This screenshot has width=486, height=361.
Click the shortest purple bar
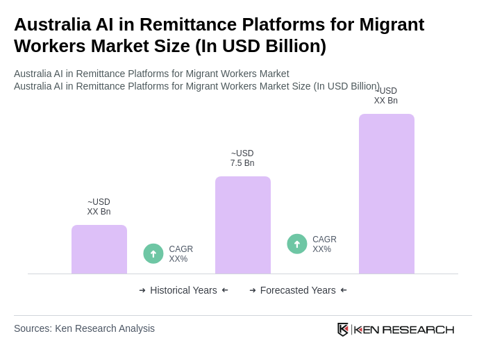[99, 249]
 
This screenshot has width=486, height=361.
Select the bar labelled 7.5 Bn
[243, 225]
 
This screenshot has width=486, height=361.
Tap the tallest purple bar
[387, 194]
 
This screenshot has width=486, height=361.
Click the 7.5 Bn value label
[242, 158]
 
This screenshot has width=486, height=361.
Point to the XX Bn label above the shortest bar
[99, 207]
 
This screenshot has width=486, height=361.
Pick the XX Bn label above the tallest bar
[386, 96]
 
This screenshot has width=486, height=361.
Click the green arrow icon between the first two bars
[153, 253]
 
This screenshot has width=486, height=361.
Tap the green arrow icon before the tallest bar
[297, 244]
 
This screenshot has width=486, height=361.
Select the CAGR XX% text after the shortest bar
[181, 254]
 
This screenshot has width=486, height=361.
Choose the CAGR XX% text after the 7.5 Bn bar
[324, 244]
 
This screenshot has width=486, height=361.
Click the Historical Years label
[183, 290]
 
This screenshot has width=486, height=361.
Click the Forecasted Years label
[298, 290]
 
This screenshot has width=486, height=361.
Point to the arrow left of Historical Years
[142, 290]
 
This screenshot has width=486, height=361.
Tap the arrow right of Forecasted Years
[344, 290]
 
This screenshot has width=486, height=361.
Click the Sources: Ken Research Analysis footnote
[84, 328]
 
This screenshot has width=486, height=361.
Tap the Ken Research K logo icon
[343, 329]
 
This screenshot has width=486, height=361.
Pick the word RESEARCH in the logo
[418, 329]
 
